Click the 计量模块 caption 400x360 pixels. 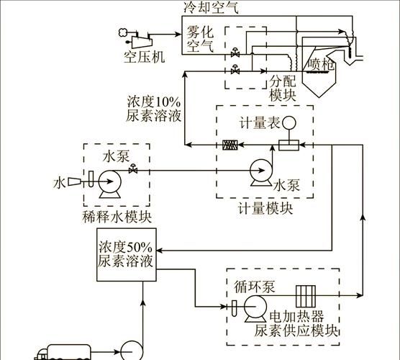point(265,209)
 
